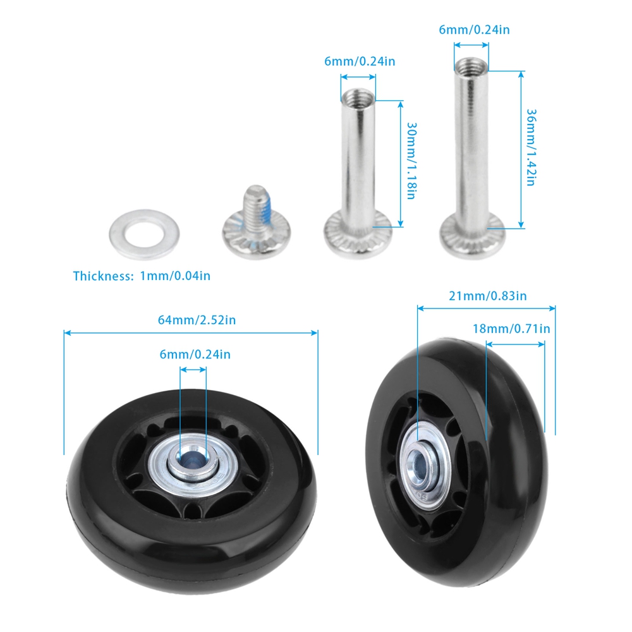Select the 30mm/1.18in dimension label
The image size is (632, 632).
click(411, 161)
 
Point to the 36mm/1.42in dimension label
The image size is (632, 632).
click(531, 147)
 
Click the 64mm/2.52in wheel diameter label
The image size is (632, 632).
click(197, 320)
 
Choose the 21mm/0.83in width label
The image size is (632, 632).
click(488, 296)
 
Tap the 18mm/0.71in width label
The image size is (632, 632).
click(511, 329)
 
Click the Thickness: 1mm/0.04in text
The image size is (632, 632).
click(142, 276)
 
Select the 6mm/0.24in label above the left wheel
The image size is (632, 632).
click(195, 355)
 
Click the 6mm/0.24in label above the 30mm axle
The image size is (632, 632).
click(360, 61)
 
